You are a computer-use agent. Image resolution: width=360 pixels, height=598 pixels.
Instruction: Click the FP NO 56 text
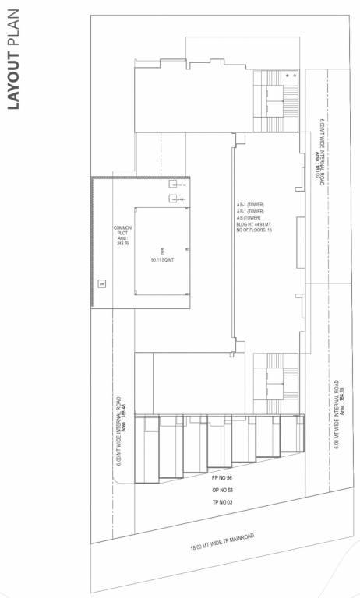coord(223,477)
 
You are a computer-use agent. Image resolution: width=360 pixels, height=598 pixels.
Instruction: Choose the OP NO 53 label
coord(223,490)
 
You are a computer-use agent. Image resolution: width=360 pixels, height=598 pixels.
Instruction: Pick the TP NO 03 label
coord(223,503)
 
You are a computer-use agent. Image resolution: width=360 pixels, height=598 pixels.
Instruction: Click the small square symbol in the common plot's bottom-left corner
coord(101,283)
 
